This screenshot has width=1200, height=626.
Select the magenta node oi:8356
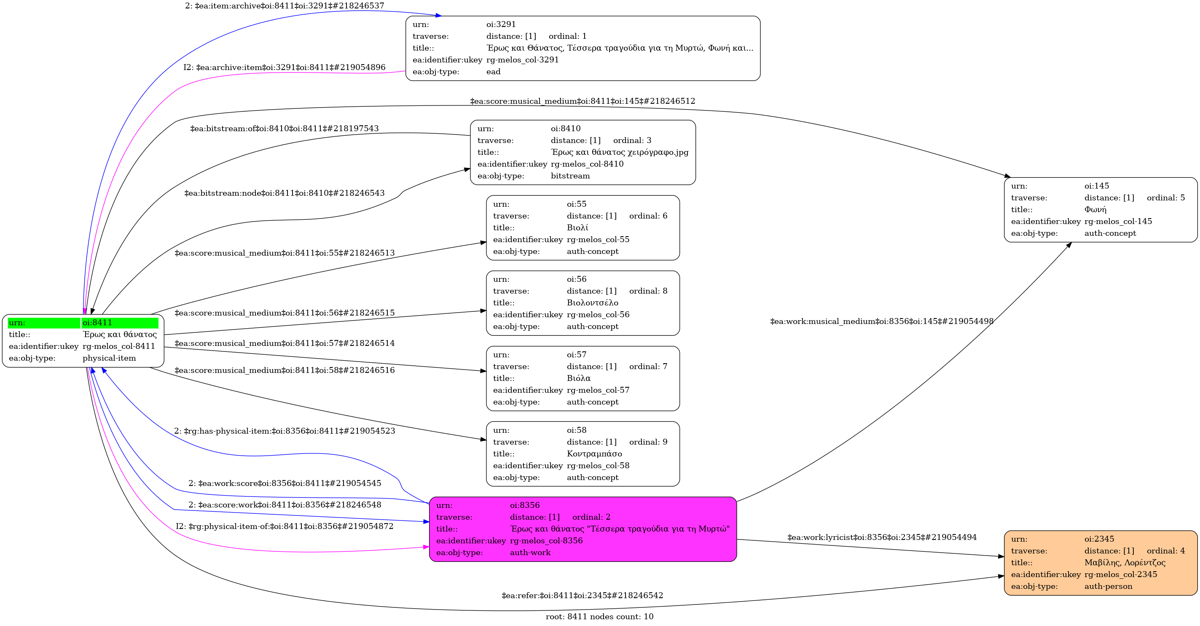pos(583,529)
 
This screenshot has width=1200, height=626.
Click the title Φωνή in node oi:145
pos(1095,210)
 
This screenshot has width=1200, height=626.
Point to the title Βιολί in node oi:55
pos(577,228)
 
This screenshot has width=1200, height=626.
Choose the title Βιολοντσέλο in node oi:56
pos(593,303)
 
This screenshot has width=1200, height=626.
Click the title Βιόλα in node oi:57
pos(579,378)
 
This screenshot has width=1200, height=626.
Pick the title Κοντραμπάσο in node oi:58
pos(594,454)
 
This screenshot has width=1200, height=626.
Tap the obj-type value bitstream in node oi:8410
pos(570,176)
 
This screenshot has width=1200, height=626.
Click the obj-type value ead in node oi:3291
pos(493,72)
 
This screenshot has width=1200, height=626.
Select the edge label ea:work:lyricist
pos(882,537)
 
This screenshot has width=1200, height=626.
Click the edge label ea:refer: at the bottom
pos(583,596)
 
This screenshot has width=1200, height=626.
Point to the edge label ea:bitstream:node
pos(285,193)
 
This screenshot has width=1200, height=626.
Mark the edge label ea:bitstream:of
pos(285,129)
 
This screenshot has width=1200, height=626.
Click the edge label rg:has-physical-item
pos(285,431)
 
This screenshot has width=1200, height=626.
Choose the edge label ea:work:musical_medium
pos(882,321)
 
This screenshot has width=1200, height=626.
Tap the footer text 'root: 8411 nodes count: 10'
pos(599,617)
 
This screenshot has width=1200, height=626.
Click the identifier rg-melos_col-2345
pos(1121,575)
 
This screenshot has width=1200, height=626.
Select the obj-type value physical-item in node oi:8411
pos(110,359)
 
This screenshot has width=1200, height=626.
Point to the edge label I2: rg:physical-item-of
pos(285,527)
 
